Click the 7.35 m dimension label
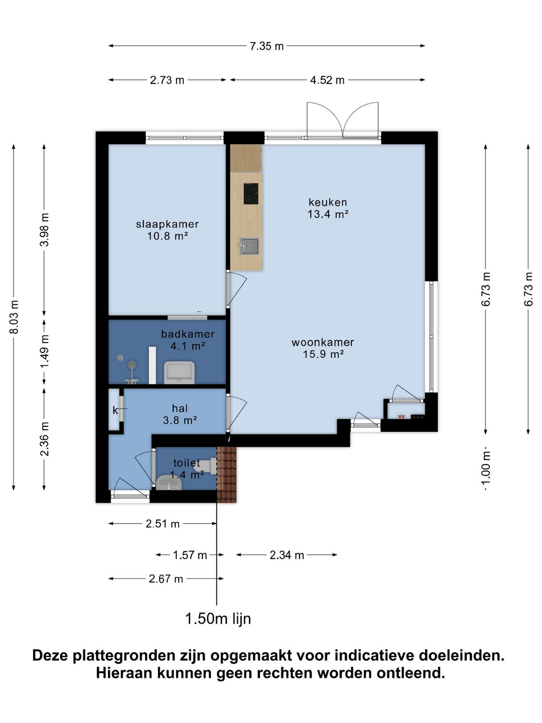(266, 46)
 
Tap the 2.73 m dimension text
(167, 80)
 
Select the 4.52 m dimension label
(327, 80)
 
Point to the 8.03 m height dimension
(14, 317)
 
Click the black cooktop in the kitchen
(251, 194)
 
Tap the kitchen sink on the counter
(249, 247)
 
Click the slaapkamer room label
(168, 224)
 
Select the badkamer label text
(188, 334)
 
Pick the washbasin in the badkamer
(179, 373)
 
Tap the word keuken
(328, 202)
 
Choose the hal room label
(180, 408)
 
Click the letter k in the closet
(115, 410)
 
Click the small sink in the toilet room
(169, 483)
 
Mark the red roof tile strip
(226, 474)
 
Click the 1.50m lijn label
(218, 619)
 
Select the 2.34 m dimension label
(287, 555)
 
